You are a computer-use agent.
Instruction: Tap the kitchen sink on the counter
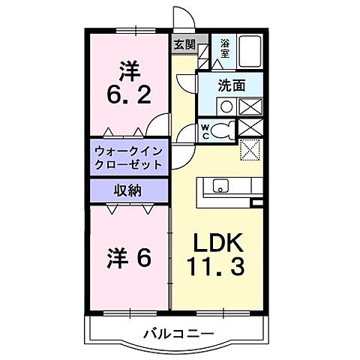click(220, 185)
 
